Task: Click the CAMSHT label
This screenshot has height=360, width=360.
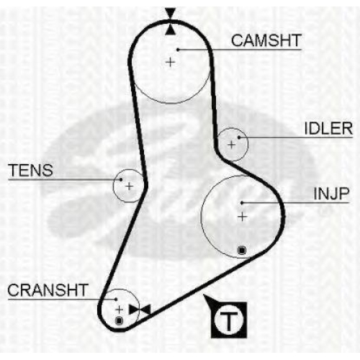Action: tap(266, 40)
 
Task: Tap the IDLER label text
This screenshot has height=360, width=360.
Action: tap(328, 129)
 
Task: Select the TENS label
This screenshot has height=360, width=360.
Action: tap(30, 171)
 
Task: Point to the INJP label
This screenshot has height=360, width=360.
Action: tap(331, 194)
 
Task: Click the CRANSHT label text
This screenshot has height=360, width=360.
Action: tap(48, 290)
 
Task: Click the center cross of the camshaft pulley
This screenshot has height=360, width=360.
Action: tap(171, 63)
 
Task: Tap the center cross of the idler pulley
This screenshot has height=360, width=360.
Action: tap(232, 145)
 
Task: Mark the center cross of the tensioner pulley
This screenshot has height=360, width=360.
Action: tap(130, 186)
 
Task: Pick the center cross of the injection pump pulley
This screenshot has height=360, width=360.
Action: tap(243, 217)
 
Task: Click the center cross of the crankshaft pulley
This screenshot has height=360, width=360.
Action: tap(120, 310)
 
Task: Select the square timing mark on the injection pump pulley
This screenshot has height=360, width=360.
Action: tap(242, 251)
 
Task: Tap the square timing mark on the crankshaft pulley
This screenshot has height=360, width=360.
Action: tap(119, 320)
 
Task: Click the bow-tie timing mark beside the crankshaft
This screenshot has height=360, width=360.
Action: tap(140, 310)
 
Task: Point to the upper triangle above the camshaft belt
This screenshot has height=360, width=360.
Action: tap(171, 13)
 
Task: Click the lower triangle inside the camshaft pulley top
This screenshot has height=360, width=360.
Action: tap(171, 30)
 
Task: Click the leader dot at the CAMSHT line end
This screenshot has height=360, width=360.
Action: tap(178, 50)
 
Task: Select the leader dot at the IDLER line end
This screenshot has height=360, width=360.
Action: tap(239, 138)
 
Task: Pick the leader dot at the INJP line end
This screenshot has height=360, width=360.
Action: tap(242, 203)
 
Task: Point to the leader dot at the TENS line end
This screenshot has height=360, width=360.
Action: tap(121, 179)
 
